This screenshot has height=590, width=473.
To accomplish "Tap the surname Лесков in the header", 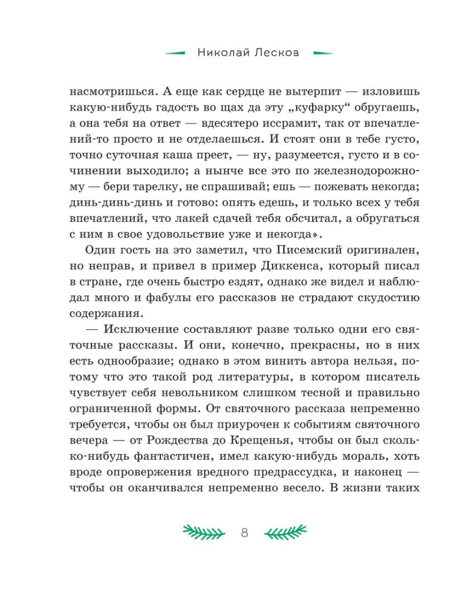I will pos(276,53).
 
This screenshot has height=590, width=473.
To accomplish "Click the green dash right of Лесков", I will pos(321,53).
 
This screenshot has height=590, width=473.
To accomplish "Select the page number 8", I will pos(245,533).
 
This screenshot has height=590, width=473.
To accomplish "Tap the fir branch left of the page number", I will pos(204,533).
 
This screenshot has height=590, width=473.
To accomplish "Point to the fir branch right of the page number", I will pos(285,533).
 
